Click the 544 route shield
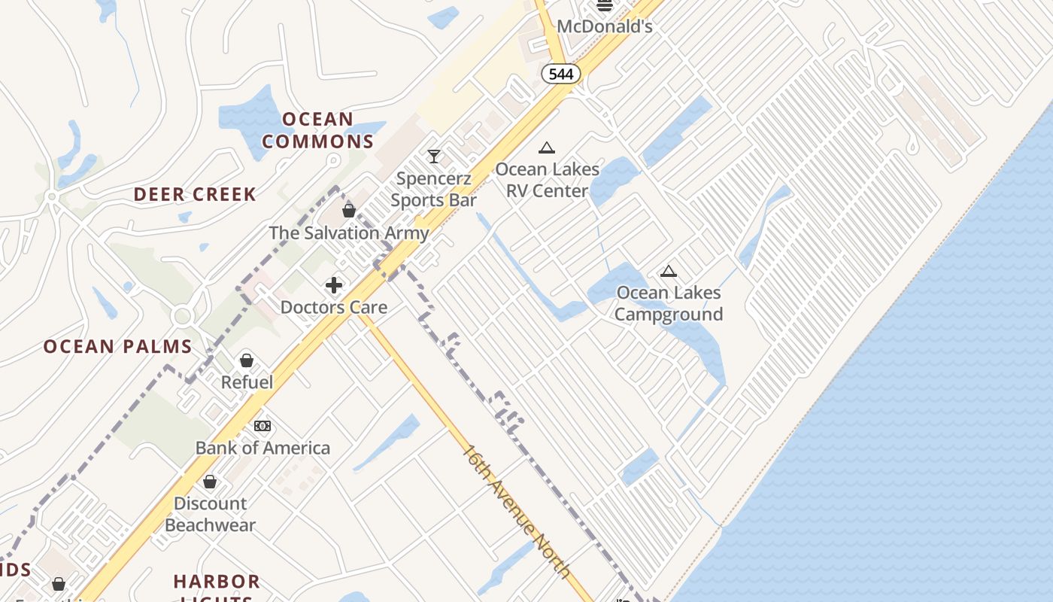561,74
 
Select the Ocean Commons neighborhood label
318,130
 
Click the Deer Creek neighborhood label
195,194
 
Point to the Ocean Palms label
118,347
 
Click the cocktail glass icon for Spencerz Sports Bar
434,157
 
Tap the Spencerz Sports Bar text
434,190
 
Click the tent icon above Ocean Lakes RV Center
547,147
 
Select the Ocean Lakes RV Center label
547,180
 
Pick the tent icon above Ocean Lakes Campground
668,272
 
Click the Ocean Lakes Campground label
668,303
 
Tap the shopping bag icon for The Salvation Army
349,211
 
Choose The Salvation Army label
349,233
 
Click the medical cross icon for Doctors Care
334,285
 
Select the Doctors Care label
334,307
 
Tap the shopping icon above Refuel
247,360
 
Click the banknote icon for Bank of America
262,426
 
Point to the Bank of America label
262,448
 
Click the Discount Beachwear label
211,514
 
